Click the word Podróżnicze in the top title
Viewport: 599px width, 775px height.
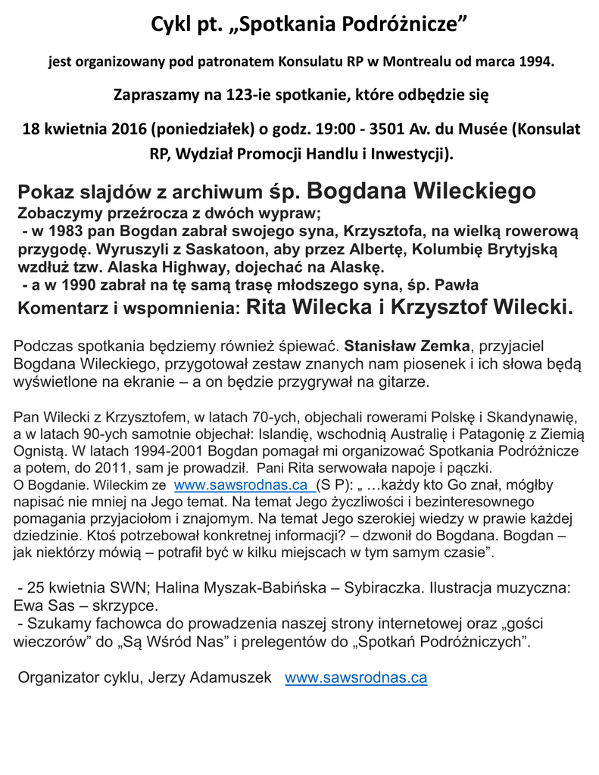click(x=398, y=26)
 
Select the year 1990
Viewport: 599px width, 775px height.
click(x=73, y=285)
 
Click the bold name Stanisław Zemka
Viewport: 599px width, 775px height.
click(x=407, y=347)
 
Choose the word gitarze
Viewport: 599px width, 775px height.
click(x=404, y=382)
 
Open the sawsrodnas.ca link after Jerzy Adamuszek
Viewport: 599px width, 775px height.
click(x=355, y=678)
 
